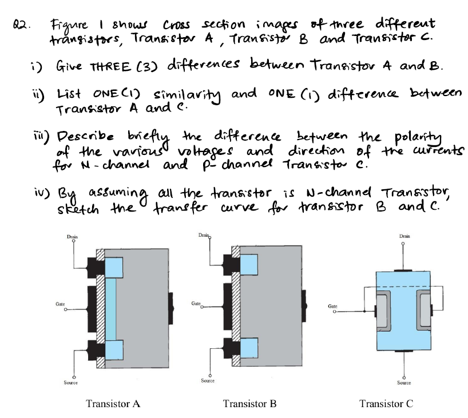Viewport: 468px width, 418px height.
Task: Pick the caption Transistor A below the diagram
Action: click(x=113, y=403)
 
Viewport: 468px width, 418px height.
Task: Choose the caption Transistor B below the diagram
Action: click(x=249, y=403)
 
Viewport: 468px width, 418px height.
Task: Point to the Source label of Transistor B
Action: click(x=208, y=380)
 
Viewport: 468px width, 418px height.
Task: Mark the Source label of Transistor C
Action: click(x=403, y=383)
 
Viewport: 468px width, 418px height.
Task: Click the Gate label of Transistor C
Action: click(x=333, y=306)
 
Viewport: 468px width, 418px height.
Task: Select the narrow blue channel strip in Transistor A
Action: click(x=111, y=309)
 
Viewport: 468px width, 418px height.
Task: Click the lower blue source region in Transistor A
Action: click(x=114, y=348)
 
